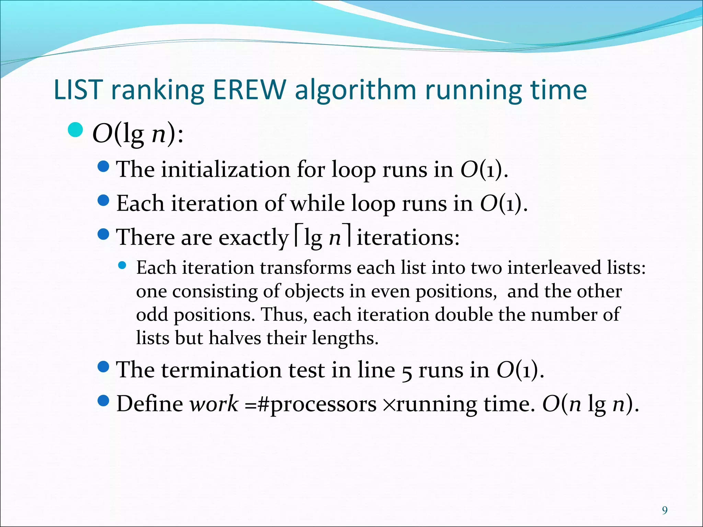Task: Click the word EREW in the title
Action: [249, 90]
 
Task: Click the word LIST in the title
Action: [78, 90]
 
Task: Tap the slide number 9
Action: [665, 511]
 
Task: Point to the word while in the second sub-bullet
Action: [318, 203]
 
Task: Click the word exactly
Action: [253, 237]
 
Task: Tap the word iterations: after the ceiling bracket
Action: [408, 237]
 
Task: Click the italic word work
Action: [214, 404]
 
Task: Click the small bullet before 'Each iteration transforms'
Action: [122, 265]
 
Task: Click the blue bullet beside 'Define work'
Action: [103, 400]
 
